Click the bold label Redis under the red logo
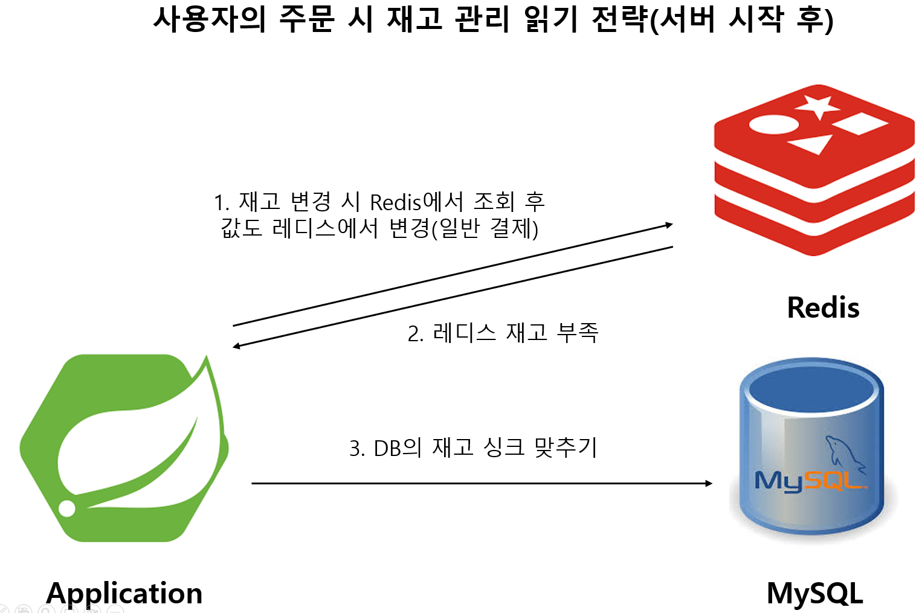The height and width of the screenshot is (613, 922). coord(822,307)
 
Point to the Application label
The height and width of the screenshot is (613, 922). coord(124,593)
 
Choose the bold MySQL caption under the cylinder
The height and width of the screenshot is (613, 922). coord(814,593)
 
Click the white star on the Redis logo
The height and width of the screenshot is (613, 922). coord(817,106)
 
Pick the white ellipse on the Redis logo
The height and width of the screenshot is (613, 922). coord(773,124)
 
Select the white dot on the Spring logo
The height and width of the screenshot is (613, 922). coord(66,508)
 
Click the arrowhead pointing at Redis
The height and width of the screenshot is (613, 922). coord(668,225)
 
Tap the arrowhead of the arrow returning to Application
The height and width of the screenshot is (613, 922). coord(237,346)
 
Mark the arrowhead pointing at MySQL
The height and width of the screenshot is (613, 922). coord(709,483)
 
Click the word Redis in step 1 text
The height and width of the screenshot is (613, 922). coord(396,202)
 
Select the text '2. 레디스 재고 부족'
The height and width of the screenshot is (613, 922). coord(503,333)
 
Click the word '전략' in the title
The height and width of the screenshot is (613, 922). coord(619,19)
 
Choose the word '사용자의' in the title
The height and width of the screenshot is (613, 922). coord(209,19)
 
